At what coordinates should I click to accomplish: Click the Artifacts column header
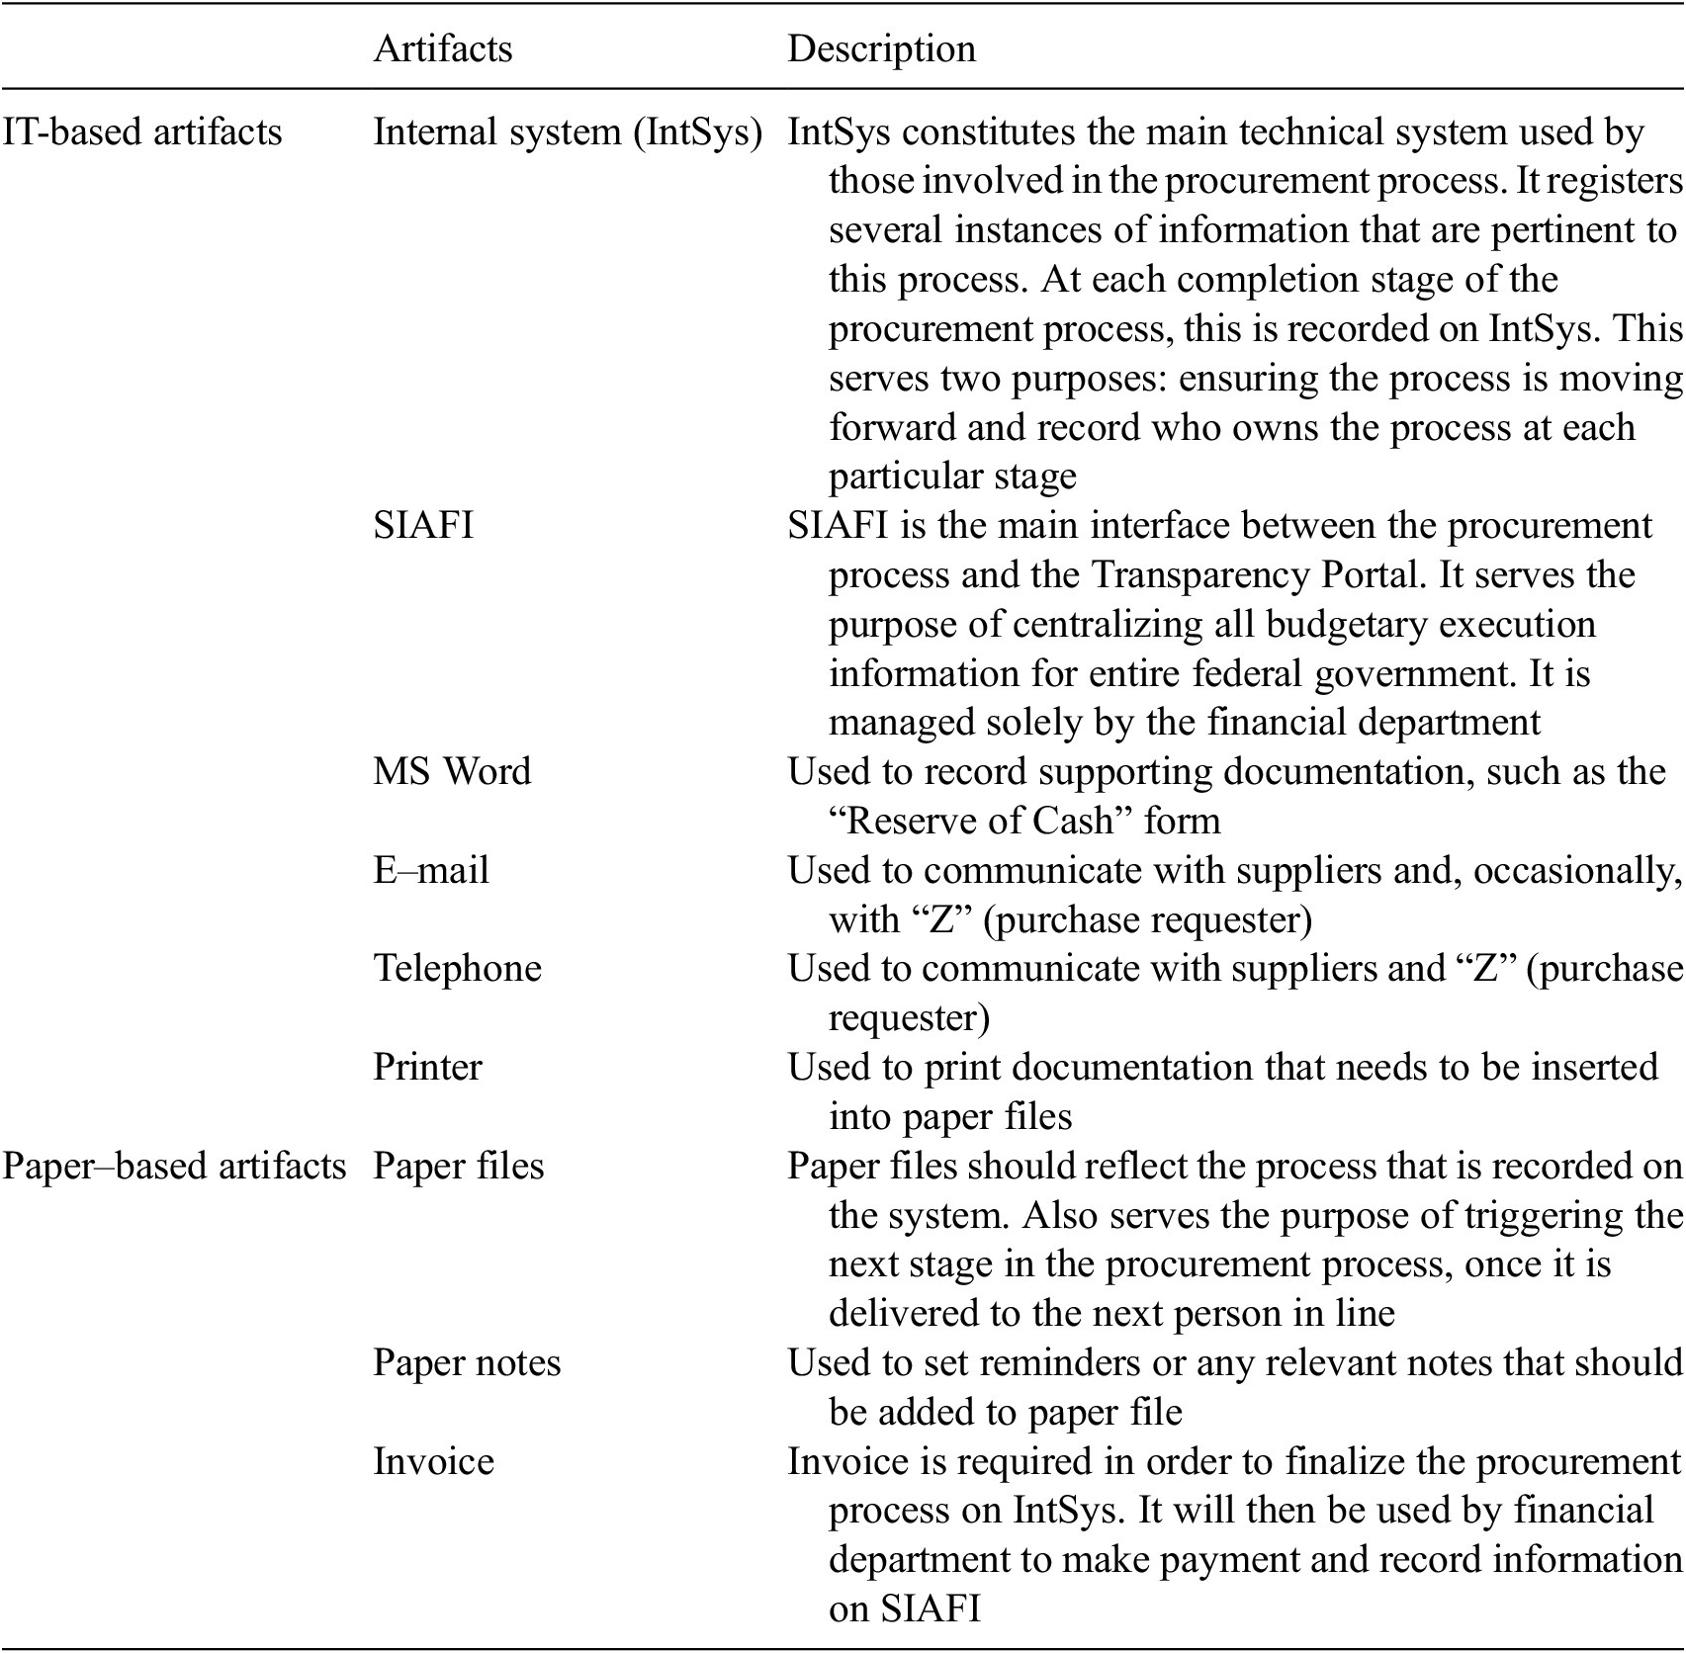point(442,49)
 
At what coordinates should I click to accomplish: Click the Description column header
point(881,49)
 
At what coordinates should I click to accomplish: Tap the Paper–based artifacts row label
point(174,1167)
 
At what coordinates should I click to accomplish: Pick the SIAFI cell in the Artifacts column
point(423,525)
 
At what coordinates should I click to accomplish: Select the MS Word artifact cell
point(452,771)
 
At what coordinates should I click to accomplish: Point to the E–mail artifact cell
point(431,870)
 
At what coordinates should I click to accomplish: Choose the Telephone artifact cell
point(457,968)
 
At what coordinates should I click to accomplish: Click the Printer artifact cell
point(427,1068)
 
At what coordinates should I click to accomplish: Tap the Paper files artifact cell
point(458,1167)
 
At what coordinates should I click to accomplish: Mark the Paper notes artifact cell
point(467,1363)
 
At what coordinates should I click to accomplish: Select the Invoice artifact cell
point(433,1462)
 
